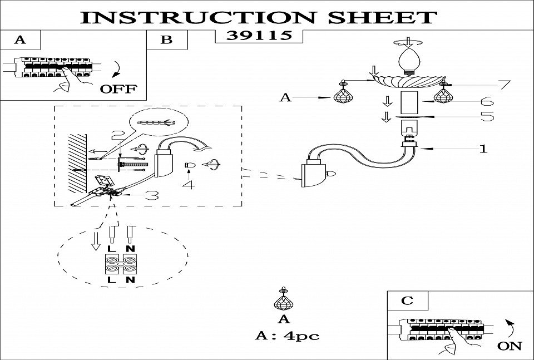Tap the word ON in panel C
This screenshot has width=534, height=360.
[x=509, y=346]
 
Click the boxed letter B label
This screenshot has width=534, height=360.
[x=166, y=40]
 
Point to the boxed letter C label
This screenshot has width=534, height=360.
[x=407, y=301]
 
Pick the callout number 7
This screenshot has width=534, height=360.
[x=503, y=85]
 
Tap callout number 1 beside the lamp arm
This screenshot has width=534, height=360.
[x=483, y=149]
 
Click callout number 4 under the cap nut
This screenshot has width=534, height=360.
[x=190, y=184]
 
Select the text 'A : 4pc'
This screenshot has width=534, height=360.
[x=287, y=336]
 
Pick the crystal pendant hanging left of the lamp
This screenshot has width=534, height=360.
[x=344, y=95]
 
